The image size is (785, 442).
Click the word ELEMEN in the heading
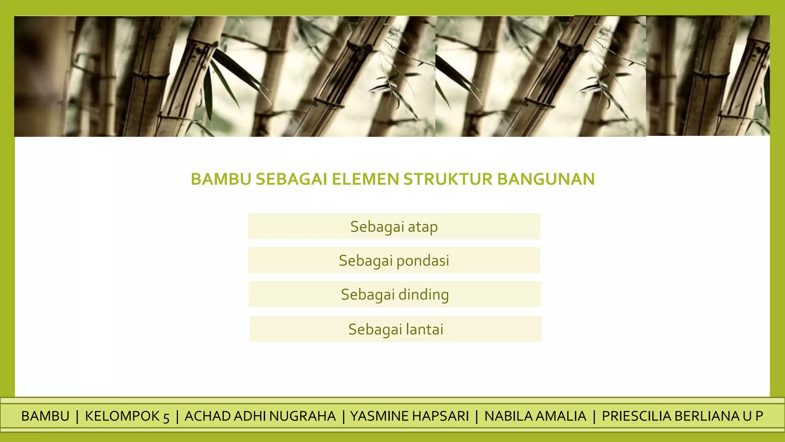[x=365, y=179]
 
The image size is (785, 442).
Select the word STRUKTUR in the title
[x=448, y=179]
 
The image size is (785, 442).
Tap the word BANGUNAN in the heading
[x=546, y=179]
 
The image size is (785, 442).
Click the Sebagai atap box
[x=394, y=226]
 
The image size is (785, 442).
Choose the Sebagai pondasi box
[x=394, y=260]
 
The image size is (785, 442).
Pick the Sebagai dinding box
[x=395, y=294]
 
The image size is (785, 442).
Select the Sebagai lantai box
[x=396, y=329]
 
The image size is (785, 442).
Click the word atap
[x=422, y=227]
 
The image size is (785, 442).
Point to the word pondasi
[x=422, y=261]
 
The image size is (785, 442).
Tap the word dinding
[x=424, y=295]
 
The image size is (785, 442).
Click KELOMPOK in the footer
[x=122, y=416]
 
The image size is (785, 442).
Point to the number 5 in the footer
[x=166, y=417]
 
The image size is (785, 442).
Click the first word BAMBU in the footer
[x=45, y=416]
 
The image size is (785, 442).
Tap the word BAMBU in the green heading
[x=221, y=179]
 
